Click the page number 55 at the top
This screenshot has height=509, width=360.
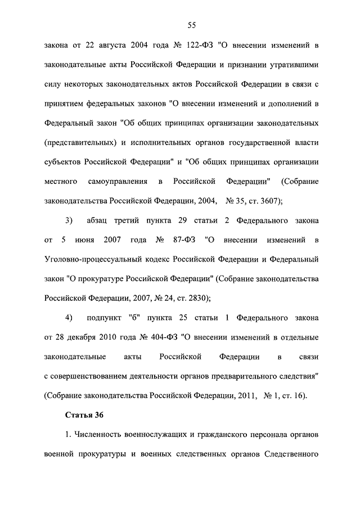coord(192,24)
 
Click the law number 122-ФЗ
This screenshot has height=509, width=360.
coord(190,44)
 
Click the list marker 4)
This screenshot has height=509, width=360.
coord(70,318)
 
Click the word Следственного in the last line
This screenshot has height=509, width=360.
coord(292,454)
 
